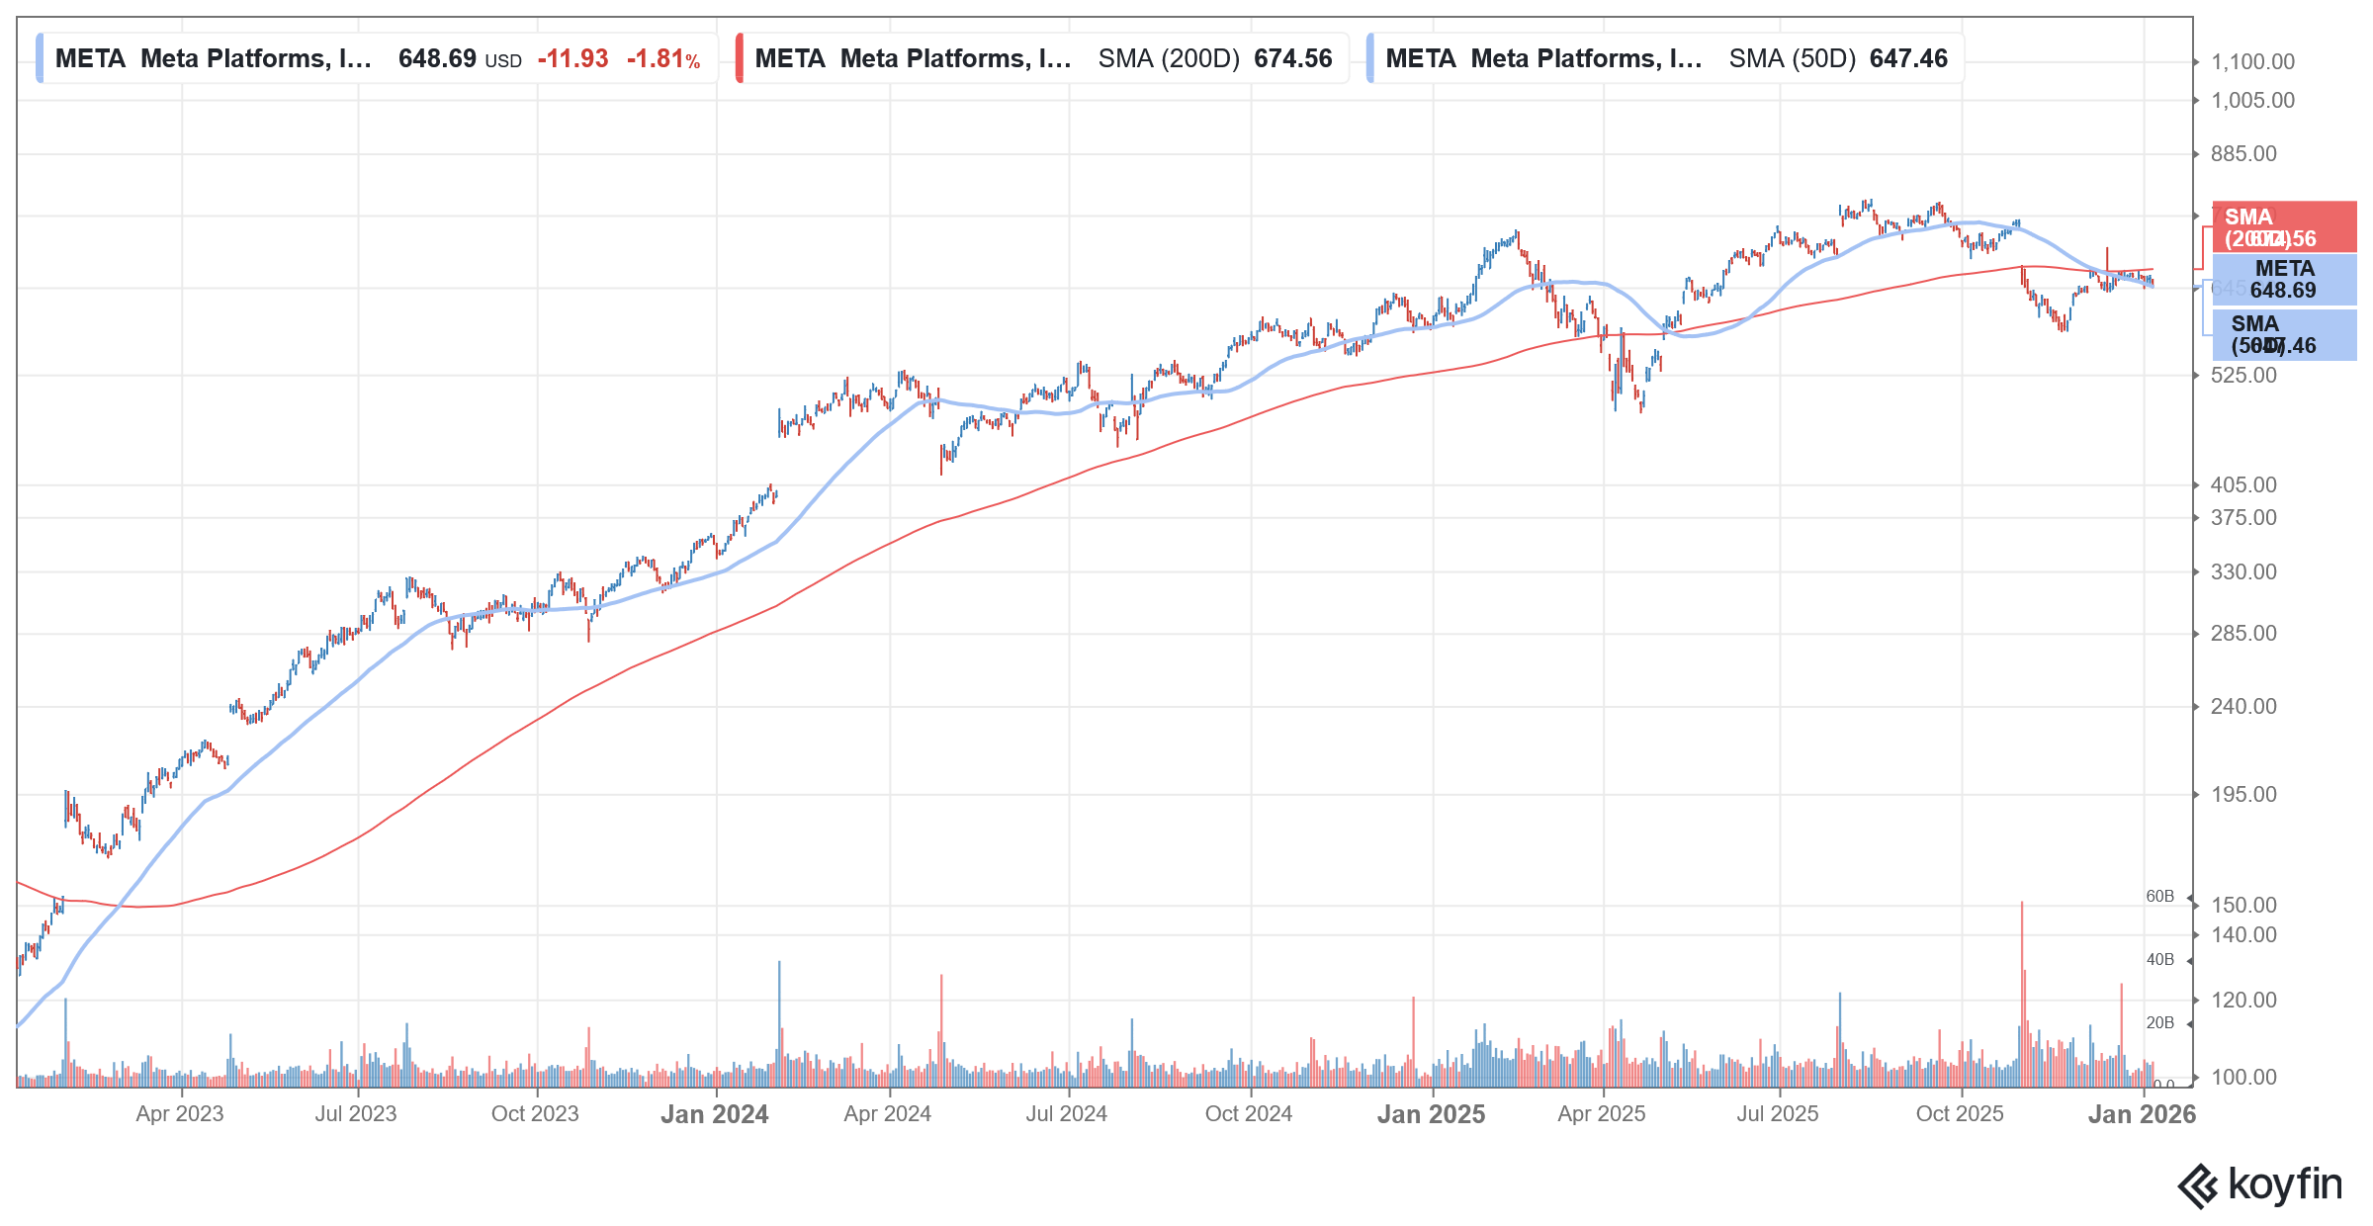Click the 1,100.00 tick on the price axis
2252,61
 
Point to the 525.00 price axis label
2242,375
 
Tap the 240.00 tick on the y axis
2242,706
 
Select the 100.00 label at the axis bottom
2242,1077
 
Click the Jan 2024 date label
714,1114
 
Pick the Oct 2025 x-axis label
1959,1113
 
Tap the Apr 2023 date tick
180,1113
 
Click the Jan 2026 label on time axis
2141,1114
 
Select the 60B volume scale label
2159,896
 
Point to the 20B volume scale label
2159,1022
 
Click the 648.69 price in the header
437,58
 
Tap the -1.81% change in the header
663,58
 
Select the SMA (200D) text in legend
1168,58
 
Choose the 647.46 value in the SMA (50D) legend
1908,58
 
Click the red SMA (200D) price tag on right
2284,227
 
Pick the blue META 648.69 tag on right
2284,280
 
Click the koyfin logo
2259,1184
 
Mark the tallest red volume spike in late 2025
2022,989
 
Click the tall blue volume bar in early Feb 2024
779,1018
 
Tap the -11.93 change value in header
572,58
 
